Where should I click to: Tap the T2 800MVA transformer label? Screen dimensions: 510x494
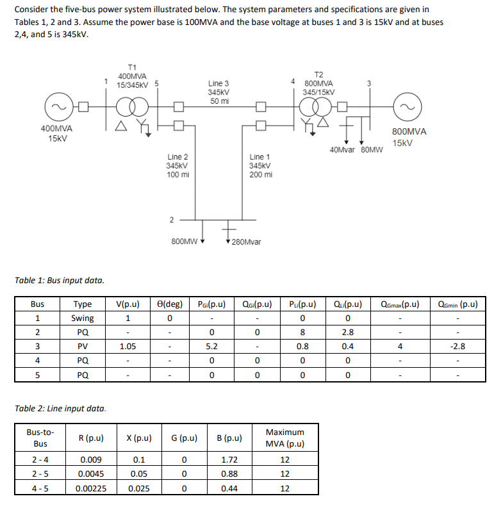pos(318,83)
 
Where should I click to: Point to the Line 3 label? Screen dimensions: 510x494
pos(218,92)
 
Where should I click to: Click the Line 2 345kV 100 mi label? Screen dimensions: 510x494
pos(177,165)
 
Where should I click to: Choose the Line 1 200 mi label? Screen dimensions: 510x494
pos(260,165)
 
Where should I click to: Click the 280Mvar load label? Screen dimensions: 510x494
pos(247,242)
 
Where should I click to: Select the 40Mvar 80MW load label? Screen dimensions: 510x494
pos(356,150)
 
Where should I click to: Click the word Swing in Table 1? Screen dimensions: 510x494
pos(83,318)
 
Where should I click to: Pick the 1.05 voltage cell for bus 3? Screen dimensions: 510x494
pos(129,347)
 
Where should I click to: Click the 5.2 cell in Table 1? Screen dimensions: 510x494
pos(211,347)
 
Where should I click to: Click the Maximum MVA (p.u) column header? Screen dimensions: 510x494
pos(284,438)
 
